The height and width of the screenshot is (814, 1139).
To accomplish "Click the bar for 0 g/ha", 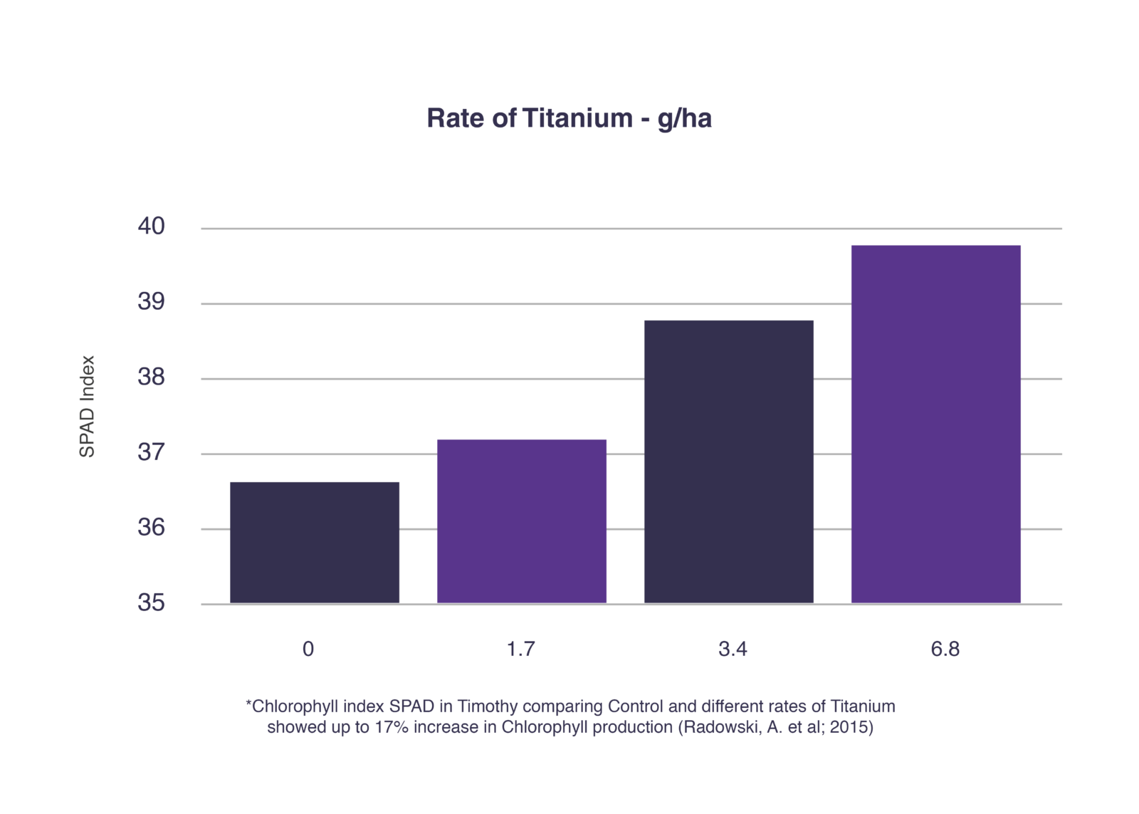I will [314, 543].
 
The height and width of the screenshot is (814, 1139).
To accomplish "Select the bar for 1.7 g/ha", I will [521, 521].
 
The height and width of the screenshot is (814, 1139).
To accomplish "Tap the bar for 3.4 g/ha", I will [728, 461].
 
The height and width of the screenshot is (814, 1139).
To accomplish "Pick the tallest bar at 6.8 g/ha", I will [935, 424].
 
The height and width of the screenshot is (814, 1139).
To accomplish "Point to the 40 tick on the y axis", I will [151, 226].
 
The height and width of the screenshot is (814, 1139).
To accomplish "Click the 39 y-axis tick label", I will [151, 302].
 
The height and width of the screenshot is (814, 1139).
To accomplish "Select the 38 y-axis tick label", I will [151, 377].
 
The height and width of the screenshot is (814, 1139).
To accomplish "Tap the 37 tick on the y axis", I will [151, 452].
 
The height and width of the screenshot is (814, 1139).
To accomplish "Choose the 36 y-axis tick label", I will [151, 528].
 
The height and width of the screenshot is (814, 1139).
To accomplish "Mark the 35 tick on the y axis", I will [151, 603].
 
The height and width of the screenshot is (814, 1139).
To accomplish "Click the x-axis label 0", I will [308, 649].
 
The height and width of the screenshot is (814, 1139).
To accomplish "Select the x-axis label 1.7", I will [520, 649].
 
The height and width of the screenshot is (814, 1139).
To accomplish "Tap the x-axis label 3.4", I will [733, 649].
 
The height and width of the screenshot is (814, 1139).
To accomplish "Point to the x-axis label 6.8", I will [945, 649].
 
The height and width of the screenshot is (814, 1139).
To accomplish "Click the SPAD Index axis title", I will [87, 406].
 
